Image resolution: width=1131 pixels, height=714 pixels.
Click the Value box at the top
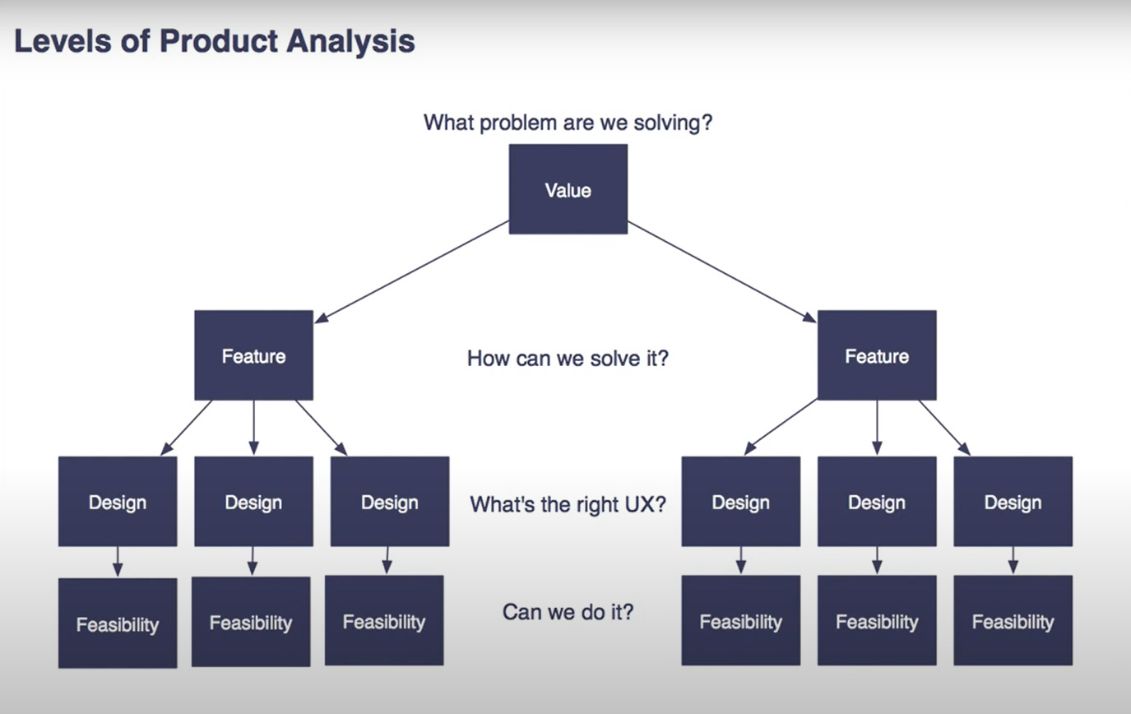click(568, 189)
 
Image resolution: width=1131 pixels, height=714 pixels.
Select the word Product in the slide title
click(220, 40)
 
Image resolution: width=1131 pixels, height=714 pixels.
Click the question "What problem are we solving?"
click(568, 123)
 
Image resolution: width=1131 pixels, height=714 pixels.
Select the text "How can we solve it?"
click(568, 359)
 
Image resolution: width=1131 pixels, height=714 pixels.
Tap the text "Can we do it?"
click(568, 612)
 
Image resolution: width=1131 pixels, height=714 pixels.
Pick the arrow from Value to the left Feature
click(411, 271)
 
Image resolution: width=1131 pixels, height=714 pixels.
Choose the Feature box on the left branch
click(253, 355)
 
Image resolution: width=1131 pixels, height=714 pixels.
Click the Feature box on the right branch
click(877, 355)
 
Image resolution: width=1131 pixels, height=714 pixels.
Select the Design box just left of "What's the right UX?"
click(390, 502)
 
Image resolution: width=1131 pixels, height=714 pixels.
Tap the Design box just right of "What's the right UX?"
click(740, 502)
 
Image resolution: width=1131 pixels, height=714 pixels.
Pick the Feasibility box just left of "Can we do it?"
click(384, 621)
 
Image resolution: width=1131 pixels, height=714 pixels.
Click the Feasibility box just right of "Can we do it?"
click(740, 621)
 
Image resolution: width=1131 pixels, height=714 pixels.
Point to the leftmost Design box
click(118, 502)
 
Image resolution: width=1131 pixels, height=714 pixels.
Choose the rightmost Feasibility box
click(1013, 621)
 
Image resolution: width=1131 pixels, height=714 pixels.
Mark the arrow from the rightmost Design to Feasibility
click(1013, 560)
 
